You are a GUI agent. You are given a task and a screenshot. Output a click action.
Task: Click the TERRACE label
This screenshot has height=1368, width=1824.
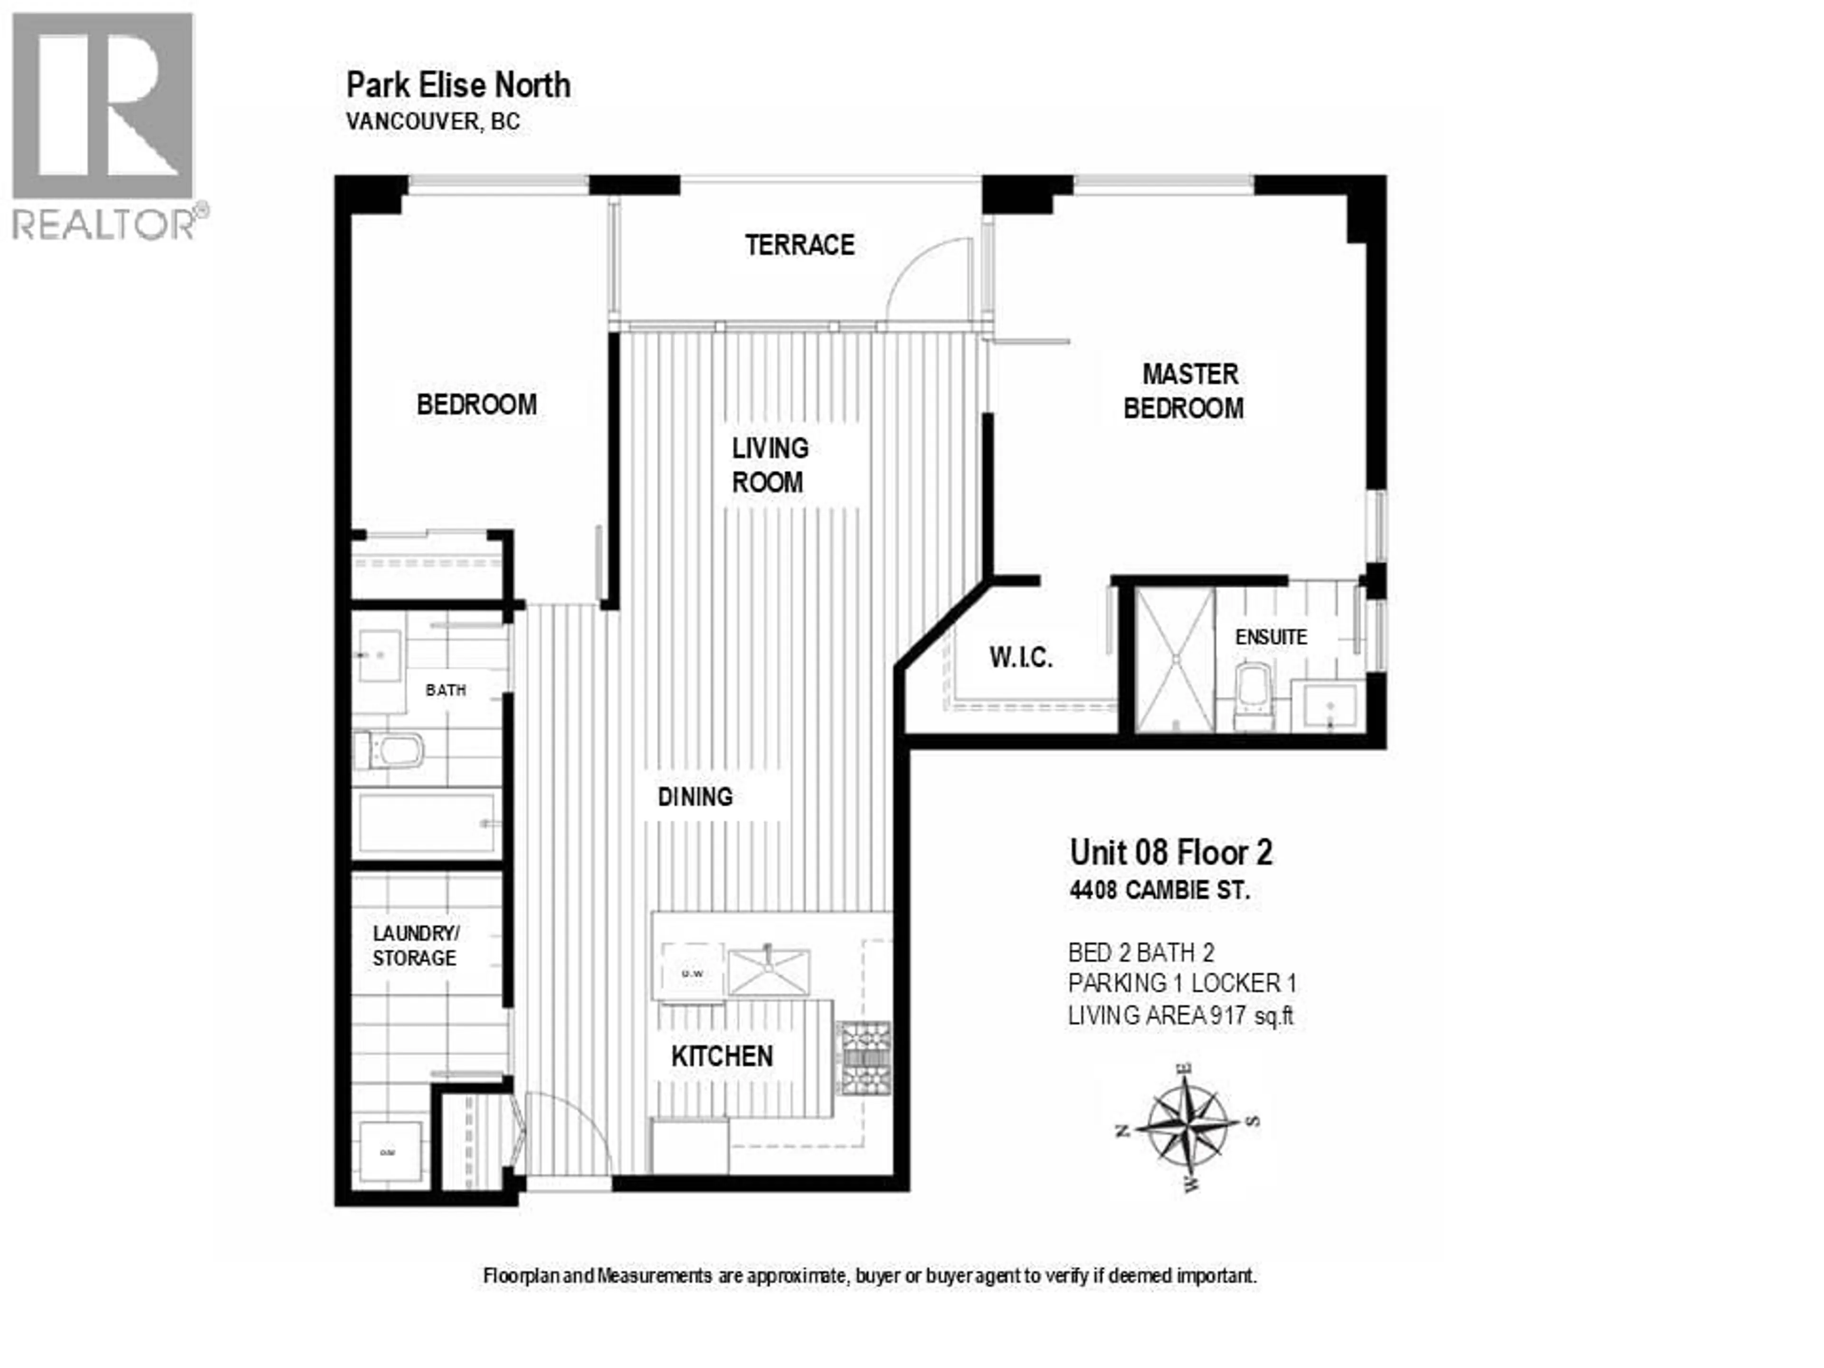pyautogui.click(x=799, y=245)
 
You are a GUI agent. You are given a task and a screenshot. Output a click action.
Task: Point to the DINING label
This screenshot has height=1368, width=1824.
pyautogui.click(x=695, y=797)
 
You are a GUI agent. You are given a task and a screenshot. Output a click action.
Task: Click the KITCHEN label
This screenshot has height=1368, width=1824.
pyautogui.click(x=722, y=1056)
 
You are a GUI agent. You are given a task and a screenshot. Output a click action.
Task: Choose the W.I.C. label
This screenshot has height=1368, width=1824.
pyautogui.click(x=1021, y=657)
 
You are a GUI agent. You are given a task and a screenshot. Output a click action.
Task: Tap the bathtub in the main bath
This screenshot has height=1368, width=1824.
pyautogui.click(x=427, y=824)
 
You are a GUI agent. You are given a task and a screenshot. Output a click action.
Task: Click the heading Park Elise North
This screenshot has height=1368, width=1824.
pyautogui.click(x=458, y=85)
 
